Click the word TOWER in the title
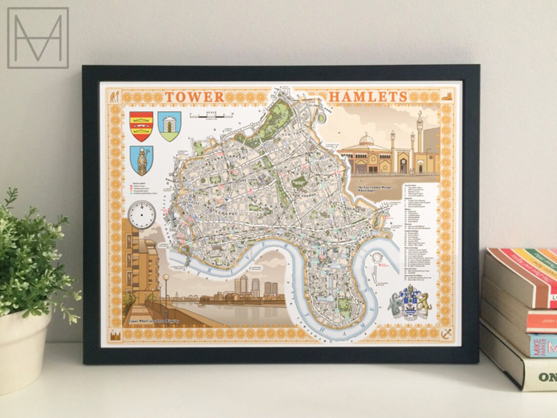194,97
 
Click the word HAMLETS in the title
367,97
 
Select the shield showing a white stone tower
169,126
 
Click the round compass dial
142,214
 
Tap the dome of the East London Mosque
366,141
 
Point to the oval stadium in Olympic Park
321,117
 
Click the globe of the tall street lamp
166,277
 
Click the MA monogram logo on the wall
38,38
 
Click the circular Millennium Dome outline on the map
377,259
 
